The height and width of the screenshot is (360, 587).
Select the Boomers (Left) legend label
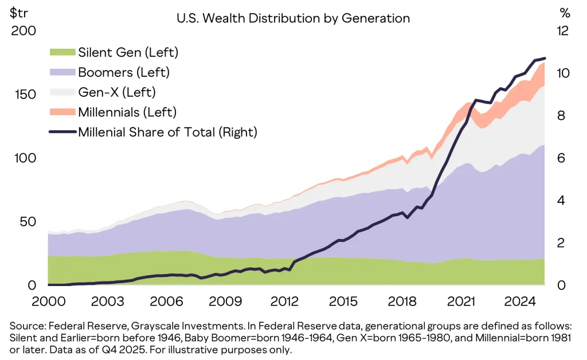coord(124,73)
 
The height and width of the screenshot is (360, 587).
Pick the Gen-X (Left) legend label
coord(117,92)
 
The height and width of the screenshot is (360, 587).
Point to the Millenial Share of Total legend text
coord(167,132)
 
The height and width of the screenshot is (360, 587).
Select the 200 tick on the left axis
coord(23,31)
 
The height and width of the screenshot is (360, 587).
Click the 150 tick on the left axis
coord(23,95)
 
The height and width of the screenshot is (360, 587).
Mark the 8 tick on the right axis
coord(562,116)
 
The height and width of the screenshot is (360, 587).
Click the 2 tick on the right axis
coord(562,243)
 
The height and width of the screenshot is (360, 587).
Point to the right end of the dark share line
coord(545,58)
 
